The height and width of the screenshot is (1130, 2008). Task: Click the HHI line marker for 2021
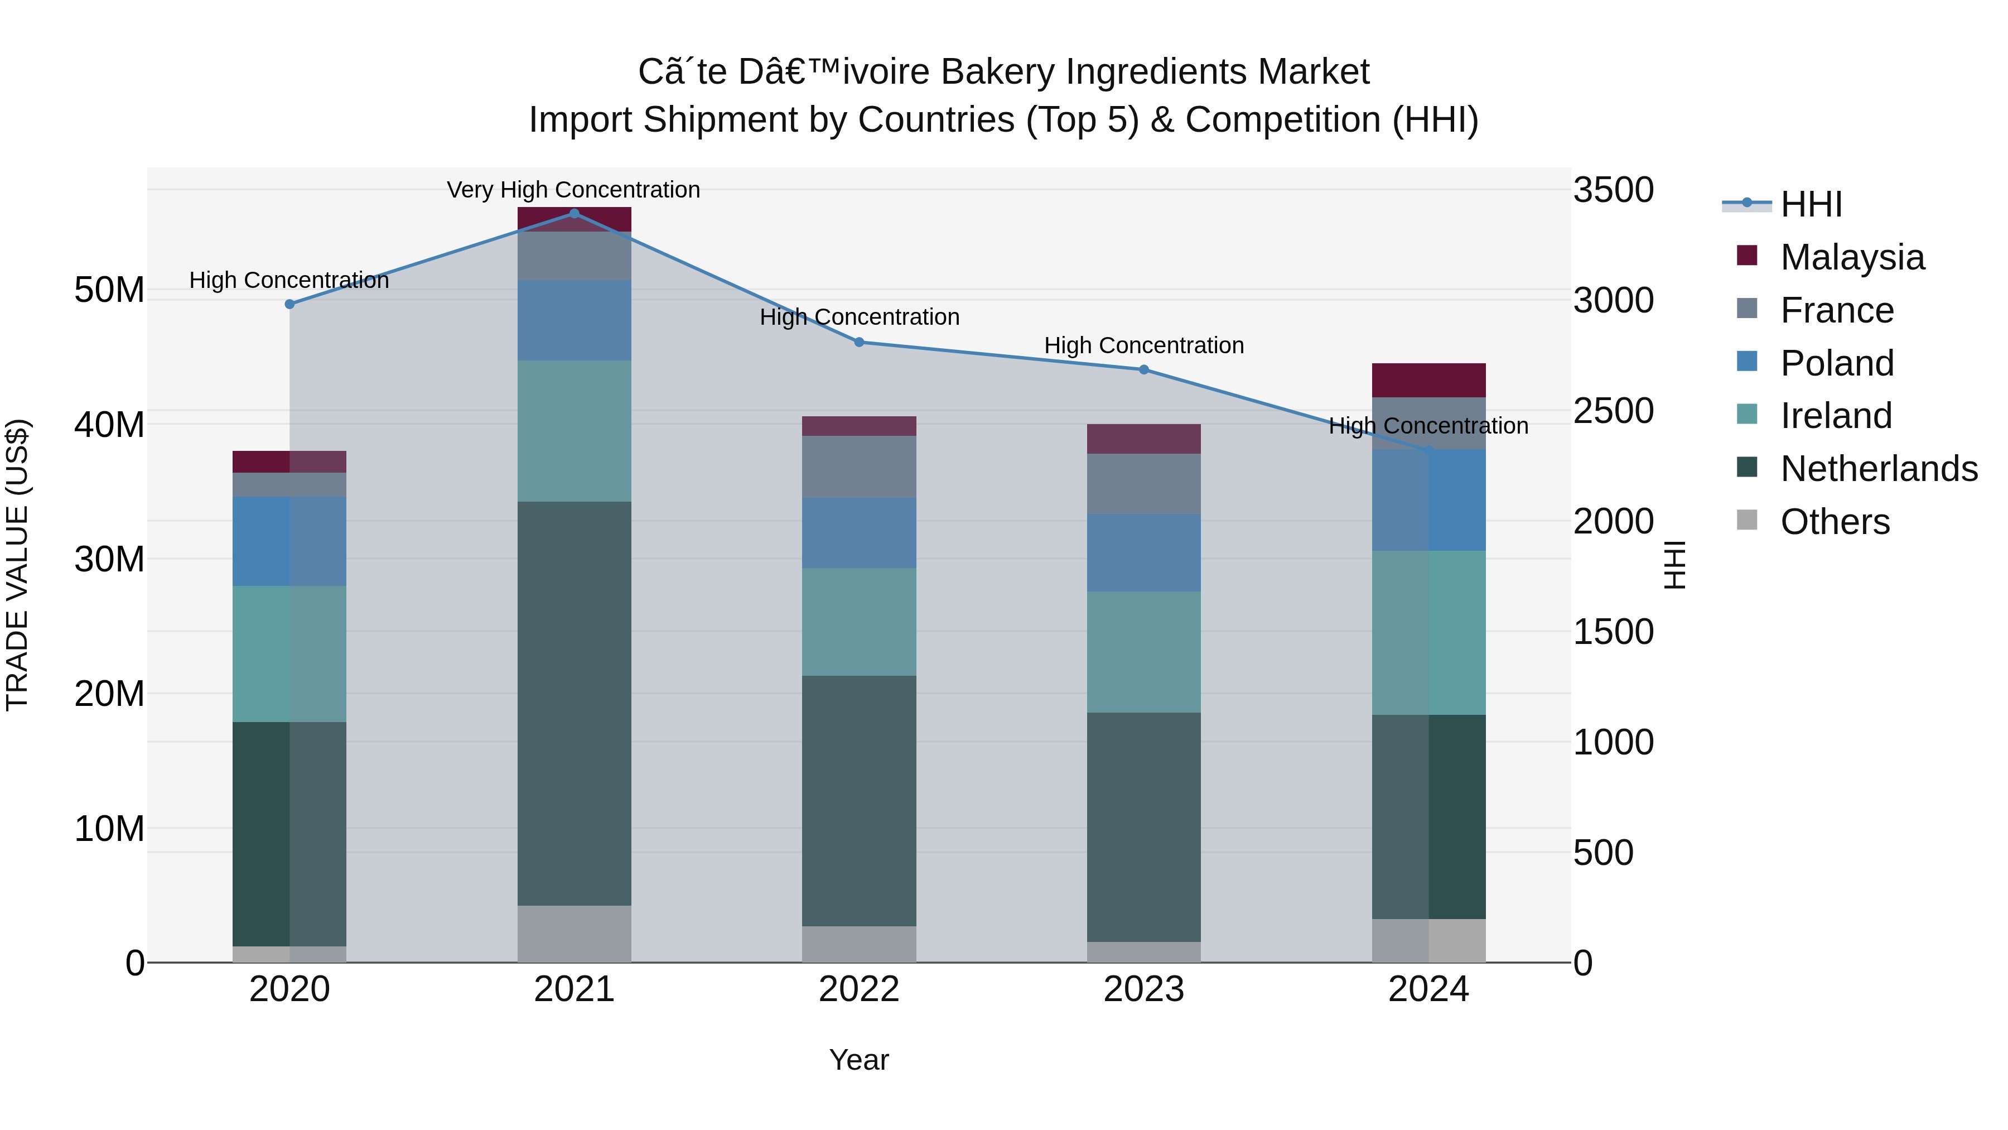coord(575,214)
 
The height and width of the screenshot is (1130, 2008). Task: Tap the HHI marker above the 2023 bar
coord(1143,369)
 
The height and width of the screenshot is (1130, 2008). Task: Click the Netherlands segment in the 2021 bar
coord(575,702)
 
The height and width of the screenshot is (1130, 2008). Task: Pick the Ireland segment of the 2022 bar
coord(859,622)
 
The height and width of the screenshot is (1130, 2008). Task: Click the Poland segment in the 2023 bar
coord(1143,552)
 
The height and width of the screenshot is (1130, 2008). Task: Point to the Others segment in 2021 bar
coord(575,934)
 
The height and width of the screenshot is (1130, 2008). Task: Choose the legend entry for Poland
coord(1837,363)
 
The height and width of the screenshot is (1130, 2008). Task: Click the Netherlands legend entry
coord(1879,469)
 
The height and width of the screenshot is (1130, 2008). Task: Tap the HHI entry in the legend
coord(1811,204)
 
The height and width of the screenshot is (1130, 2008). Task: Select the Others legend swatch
coord(1747,520)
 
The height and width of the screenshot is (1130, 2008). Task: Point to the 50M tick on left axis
coord(109,290)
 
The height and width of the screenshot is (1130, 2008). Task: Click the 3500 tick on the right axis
coord(1613,190)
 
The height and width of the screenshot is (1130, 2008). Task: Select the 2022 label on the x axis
coord(859,989)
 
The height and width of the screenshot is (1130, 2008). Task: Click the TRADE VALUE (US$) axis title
coord(17,565)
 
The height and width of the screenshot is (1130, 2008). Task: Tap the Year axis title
coord(859,1060)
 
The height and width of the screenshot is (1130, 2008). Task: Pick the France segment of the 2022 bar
coord(859,467)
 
